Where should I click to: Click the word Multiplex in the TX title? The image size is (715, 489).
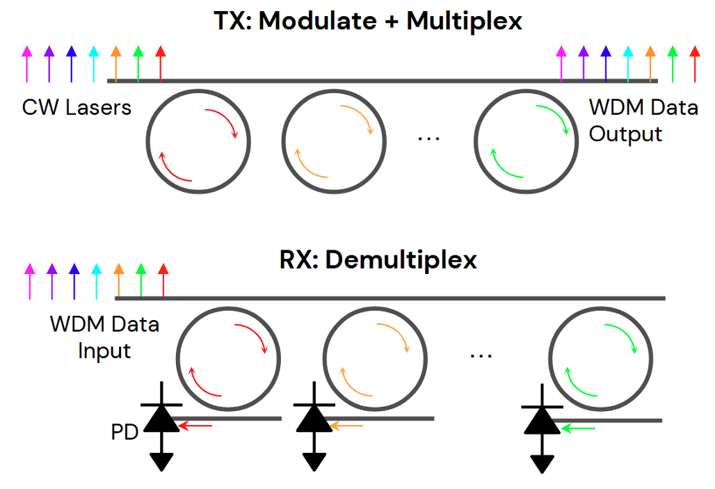click(464, 21)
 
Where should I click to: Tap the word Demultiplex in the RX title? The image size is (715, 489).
click(401, 259)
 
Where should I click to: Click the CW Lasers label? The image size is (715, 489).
click(77, 107)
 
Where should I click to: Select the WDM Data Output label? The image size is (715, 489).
click(643, 120)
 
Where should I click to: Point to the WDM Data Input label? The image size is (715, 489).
click(104, 337)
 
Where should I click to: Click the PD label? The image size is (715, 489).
click(124, 432)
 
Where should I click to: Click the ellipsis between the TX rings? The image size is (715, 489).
click(429, 137)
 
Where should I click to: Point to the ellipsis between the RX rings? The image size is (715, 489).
click(481, 355)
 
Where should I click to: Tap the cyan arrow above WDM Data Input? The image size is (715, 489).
click(96, 280)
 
